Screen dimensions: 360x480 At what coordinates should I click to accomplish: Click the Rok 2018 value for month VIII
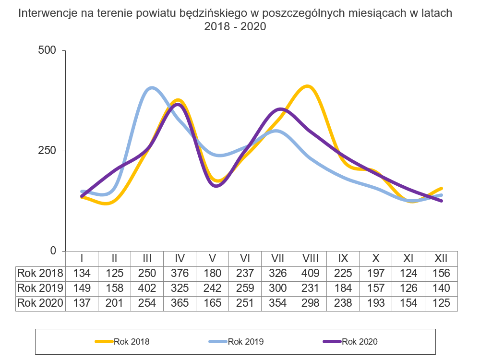tap(311, 273)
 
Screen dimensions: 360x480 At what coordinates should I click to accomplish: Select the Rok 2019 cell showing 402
tap(147, 288)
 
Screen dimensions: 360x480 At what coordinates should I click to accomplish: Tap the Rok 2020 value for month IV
tap(180, 303)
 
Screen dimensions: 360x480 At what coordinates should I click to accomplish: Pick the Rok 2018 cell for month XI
tap(408, 273)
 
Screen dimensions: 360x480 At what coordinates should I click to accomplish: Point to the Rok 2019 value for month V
tap(212, 288)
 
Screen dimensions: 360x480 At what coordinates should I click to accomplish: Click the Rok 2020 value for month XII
tap(441, 303)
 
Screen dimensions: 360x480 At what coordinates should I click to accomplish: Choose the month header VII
tap(278, 258)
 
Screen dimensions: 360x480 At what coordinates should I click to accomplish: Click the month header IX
tap(343, 258)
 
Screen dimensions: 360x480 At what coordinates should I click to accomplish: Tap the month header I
tap(82, 258)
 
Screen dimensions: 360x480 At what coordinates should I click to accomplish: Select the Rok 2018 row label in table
tap(40, 273)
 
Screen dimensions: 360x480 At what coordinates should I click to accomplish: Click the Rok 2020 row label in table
tap(40, 303)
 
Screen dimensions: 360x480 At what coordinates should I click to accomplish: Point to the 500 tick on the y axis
tap(47, 50)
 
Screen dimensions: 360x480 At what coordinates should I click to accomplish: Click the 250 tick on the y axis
tap(47, 150)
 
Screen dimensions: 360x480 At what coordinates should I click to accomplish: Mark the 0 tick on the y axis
tap(53, 251)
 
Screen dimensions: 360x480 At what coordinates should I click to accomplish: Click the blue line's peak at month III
tap(152, 88)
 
